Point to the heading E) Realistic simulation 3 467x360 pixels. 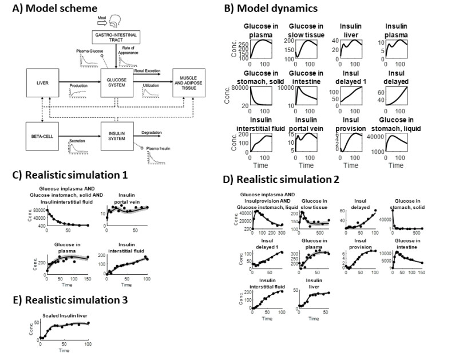pos(65,299)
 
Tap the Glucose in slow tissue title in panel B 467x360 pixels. pos(305,31)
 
